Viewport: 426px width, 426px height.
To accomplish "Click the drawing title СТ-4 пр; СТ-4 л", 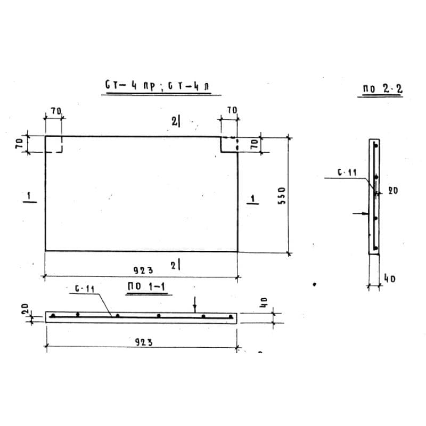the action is click(158, 86).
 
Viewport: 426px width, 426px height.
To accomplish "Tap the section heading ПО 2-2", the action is click(382, 89).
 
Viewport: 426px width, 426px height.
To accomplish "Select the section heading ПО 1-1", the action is click(146, 286).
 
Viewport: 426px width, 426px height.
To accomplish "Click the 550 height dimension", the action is click(282, 195).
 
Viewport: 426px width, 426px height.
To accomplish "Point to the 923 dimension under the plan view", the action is click(143, 271).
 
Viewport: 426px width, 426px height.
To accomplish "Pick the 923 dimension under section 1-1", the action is click(144, 342).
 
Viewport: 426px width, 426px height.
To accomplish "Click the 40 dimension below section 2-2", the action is click(390, 278).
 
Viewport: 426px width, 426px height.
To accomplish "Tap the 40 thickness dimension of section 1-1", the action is click(264, 302).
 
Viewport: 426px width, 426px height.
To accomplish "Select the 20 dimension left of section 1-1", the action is click(25, 309).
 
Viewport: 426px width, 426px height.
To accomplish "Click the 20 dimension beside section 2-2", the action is click(393, 191).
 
